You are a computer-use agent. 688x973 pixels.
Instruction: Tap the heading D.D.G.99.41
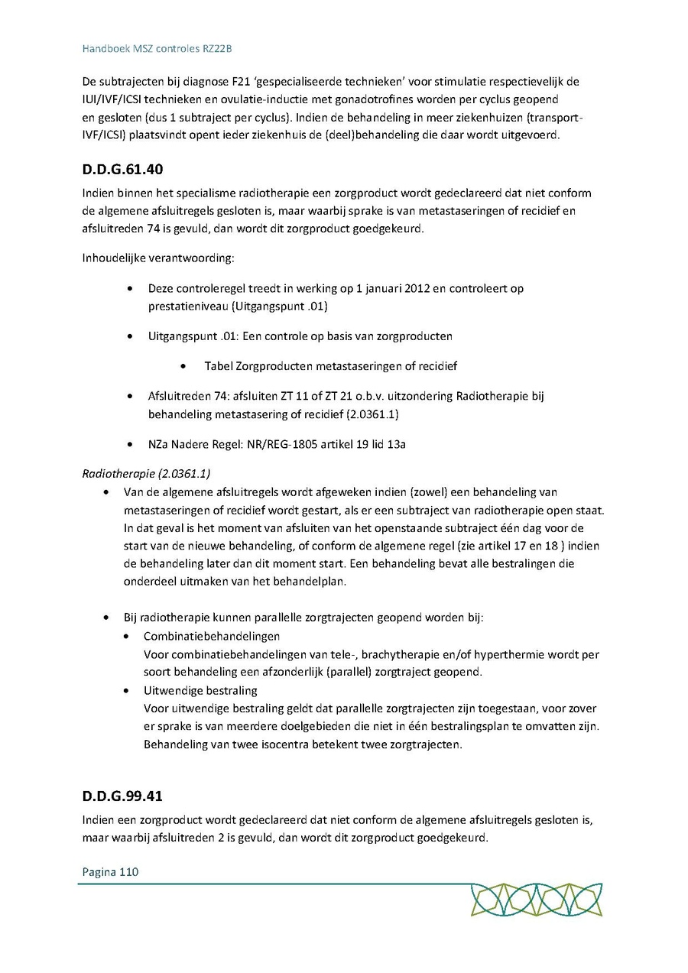coord(122,796)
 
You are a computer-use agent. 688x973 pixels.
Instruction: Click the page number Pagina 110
coord(110,871)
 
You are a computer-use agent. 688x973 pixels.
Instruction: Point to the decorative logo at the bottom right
coord(536,900)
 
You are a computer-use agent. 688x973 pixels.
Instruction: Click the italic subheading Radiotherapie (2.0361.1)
coord(146,473)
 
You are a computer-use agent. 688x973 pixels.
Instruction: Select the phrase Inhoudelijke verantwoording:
coord(157,258)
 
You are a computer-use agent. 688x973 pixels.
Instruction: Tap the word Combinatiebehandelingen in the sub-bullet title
coord(212,636)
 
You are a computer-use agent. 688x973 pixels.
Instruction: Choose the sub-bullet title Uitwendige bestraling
coord(200,691)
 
